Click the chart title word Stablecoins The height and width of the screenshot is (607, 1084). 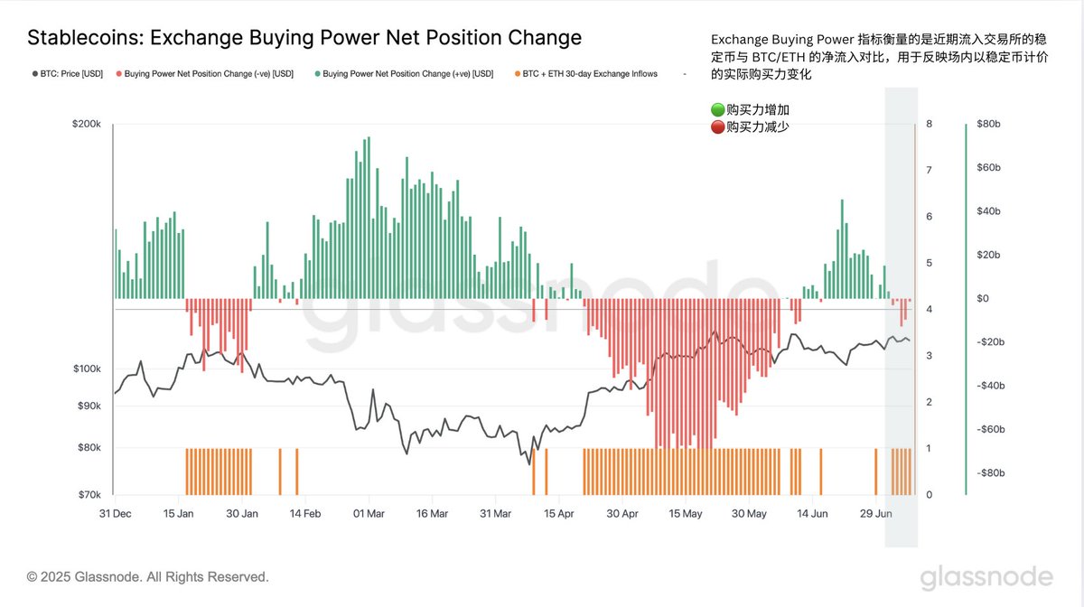tap(86, 38)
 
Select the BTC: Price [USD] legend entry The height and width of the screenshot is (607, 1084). tap(68, 73)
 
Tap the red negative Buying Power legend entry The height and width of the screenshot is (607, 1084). tap(205, 73)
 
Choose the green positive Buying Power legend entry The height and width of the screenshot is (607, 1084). tap(404, 73)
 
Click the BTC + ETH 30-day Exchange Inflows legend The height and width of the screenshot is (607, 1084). tap(586, 73)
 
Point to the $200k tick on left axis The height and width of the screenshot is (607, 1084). tap(87, 124)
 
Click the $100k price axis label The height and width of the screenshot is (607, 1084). tap(87, 369)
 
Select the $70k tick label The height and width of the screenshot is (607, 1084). tap(89, 495)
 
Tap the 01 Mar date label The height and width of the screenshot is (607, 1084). tap(369, 514)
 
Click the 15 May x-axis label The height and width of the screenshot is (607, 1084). tap(686, 514)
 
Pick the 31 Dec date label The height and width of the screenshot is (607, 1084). tap(116, 514)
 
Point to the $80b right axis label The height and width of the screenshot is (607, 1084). tap(988, 124)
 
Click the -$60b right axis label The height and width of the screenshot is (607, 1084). tap(991, 429)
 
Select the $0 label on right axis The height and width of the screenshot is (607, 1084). tap(983, 299)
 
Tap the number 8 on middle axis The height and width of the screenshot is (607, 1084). tap(930, 124)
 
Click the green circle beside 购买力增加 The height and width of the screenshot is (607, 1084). tap(717, 110)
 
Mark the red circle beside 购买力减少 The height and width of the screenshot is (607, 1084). tap(717, 126)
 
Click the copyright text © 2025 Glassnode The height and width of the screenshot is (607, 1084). tap(147, 577)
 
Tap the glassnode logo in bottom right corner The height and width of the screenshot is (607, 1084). tap(986, 577)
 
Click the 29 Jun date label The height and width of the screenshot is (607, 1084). tap(876, 514)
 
